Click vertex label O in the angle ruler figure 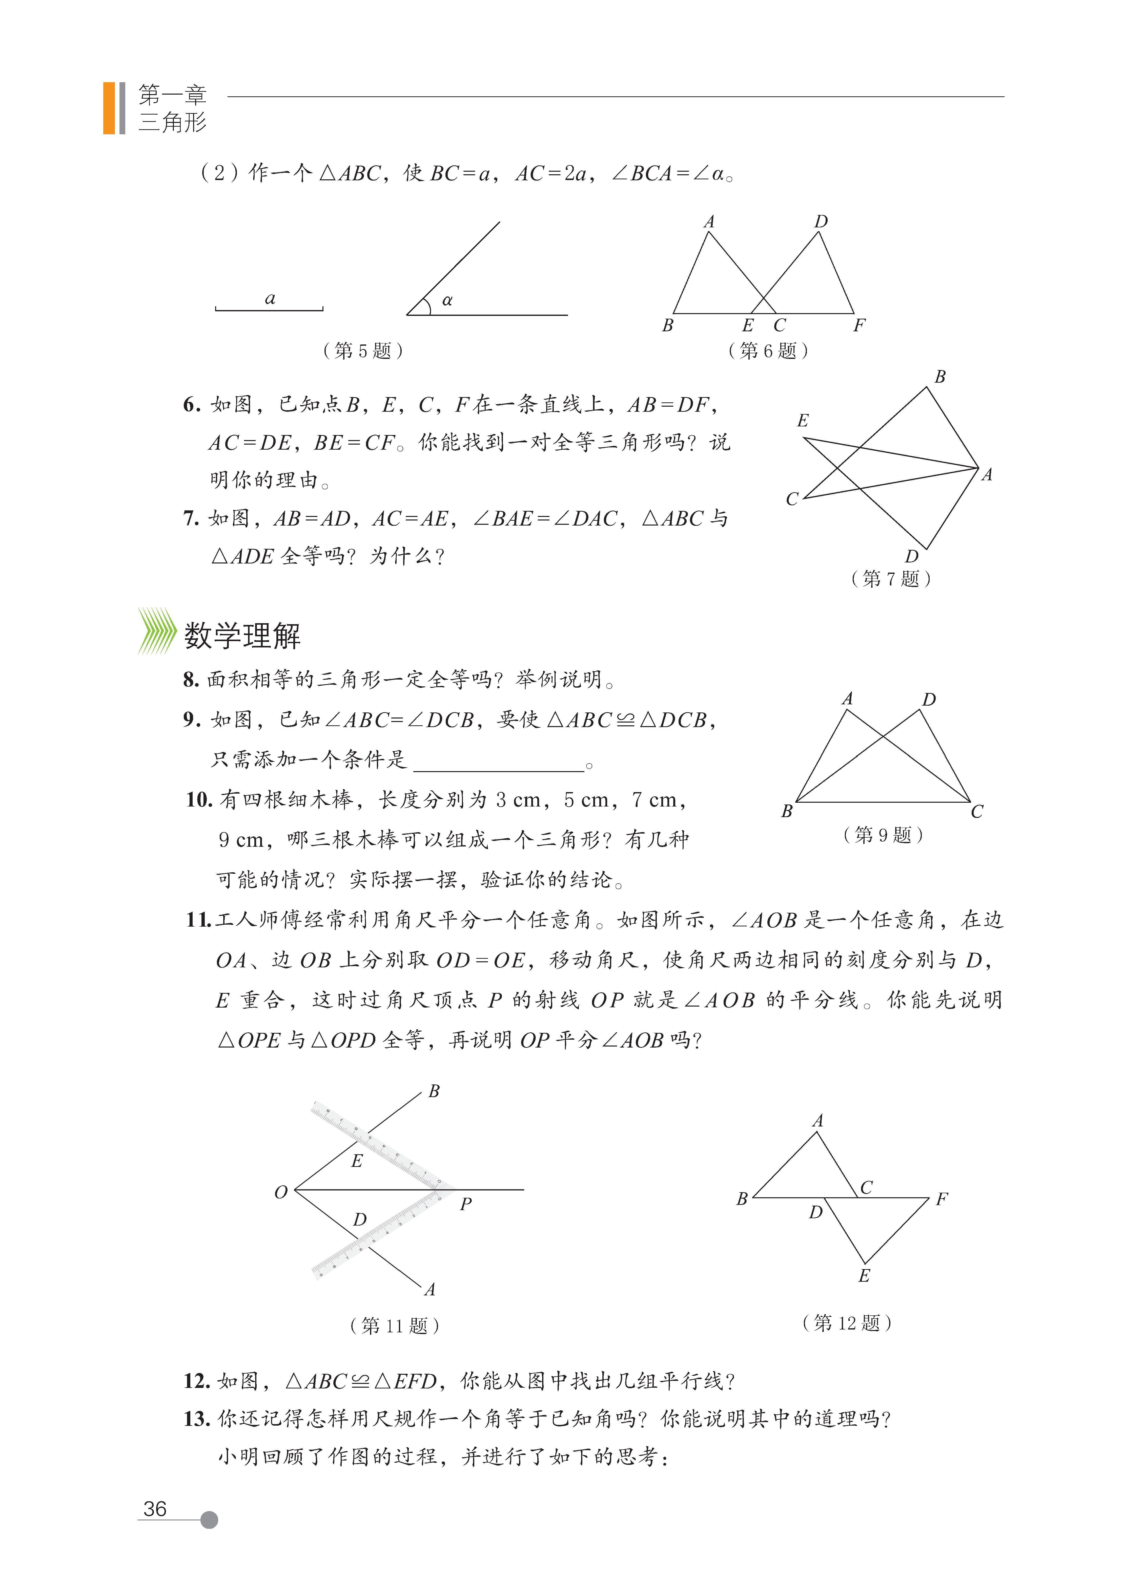(x=280, y=1192)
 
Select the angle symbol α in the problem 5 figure (x=447, y=300)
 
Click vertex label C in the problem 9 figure (x=976, y=812)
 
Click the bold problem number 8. (x=191, y=680)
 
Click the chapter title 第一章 (x=172, y=95)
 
